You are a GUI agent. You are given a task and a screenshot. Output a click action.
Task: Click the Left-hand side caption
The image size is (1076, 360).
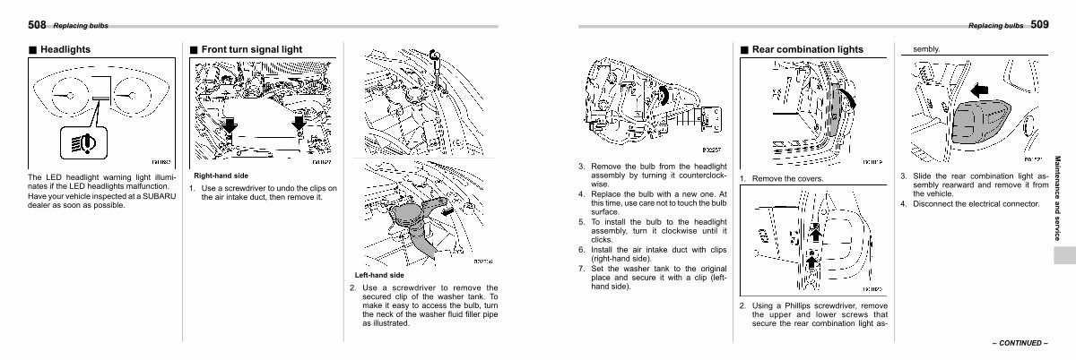[378, 275]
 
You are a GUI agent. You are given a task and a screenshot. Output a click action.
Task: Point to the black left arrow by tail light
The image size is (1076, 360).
[980, 90]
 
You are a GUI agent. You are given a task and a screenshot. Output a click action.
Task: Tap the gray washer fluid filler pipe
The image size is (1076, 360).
[413, 224]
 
